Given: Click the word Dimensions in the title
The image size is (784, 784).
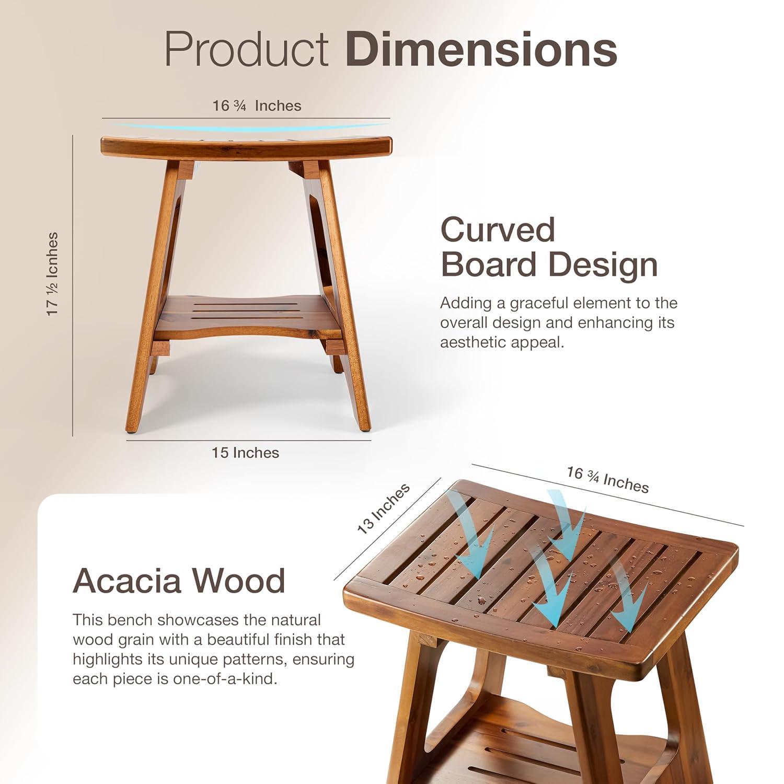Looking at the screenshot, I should coord(481,49).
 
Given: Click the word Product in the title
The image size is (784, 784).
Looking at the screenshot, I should coord(246,49).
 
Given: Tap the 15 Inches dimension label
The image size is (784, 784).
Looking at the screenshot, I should coord(245,453).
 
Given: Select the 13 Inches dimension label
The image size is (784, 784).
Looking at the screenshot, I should coord(383,509).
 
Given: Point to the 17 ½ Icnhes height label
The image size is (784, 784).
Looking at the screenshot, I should coord(53,274).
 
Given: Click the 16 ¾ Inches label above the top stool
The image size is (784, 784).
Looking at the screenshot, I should coord(257,106).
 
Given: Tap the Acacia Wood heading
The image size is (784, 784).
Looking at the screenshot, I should coord(179,580).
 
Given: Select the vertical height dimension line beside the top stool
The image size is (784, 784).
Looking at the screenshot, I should coord(73,285).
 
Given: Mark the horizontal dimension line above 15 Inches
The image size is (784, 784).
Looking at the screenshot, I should coord(248,440).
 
